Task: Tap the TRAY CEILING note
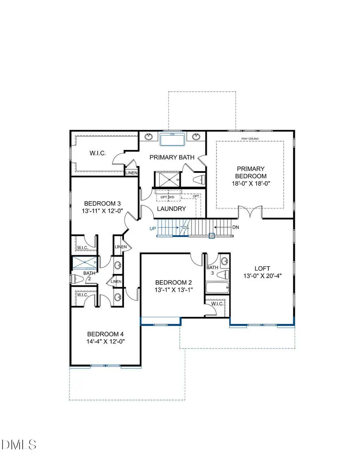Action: point(250,139)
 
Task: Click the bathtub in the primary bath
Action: point(172,140)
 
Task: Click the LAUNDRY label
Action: point(171,208)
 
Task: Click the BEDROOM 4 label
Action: point(103,334)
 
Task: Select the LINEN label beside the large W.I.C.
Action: point(132,173)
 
